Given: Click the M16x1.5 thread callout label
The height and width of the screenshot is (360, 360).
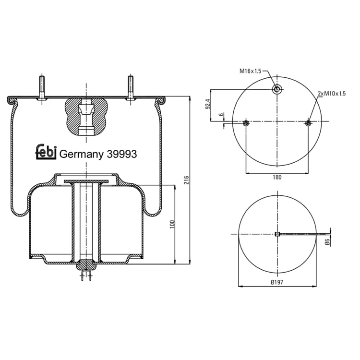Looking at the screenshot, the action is (250, 71).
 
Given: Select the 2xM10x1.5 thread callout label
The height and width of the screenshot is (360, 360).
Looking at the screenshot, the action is (332, 94).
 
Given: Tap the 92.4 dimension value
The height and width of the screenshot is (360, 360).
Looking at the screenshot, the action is (207, 104).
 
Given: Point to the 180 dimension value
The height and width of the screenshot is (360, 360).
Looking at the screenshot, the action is (277, 177).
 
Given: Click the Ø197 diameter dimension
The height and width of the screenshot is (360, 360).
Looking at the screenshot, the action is (277, 282).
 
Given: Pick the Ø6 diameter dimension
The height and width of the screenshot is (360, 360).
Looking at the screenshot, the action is (327, 241).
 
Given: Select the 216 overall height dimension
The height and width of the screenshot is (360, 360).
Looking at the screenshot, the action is (186, 180).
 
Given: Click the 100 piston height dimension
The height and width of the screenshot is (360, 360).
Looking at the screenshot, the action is (172, 224).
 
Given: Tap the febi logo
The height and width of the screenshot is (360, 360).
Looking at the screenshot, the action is (46, 152).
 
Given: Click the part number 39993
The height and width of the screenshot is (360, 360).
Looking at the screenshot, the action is (122, 154).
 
